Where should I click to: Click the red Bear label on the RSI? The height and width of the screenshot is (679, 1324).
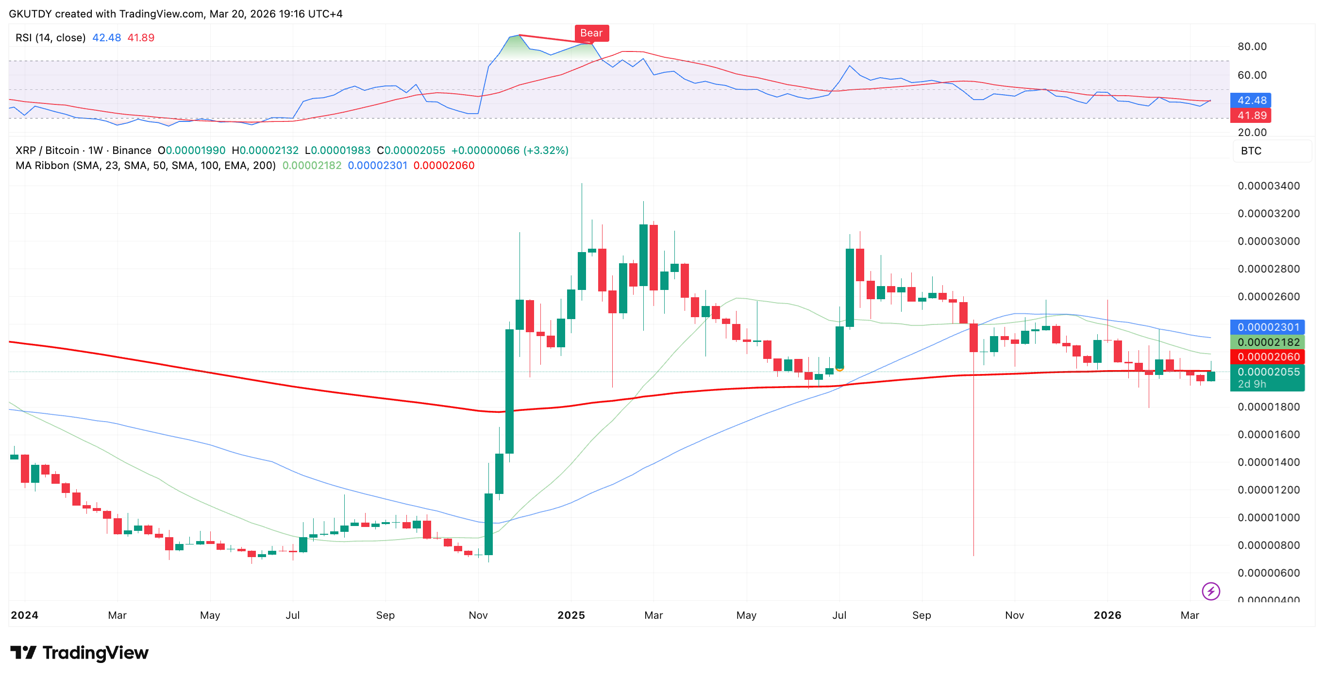click(591, 33)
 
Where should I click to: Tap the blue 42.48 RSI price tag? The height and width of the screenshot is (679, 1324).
click(1251, 100)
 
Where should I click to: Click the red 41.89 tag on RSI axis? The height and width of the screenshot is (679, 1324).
click(1251, 115)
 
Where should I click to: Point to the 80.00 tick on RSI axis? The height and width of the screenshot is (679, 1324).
click(1252, 46)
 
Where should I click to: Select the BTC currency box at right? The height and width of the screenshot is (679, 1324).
click(1272, 151)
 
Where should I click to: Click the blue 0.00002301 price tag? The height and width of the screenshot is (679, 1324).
click(1268, 327)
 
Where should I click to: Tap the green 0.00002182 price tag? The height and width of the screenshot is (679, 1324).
click(1268, 342)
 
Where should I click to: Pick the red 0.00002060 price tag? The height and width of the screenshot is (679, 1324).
click(1268, 356)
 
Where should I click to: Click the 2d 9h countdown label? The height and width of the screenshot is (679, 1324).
click(1252, 385)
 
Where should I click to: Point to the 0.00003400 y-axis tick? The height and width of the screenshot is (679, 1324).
click(1268, 186)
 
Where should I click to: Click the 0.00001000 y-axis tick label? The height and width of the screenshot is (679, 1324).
click(1268, 517)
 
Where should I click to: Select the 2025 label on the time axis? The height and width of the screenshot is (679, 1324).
click(571, 615)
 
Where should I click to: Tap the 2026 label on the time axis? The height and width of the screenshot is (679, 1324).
click(1107, 615)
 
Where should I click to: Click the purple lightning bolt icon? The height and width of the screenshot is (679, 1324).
click(1210, 591)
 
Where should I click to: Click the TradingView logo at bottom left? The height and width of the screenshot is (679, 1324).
click(80, 652)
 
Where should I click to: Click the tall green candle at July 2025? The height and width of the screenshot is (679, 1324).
click(850, 288)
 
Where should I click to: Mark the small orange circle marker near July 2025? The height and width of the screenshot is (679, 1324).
click(839, 368)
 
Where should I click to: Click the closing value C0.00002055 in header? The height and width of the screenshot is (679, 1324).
click(411, 150)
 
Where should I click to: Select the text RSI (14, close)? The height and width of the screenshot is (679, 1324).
click(50, 37)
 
